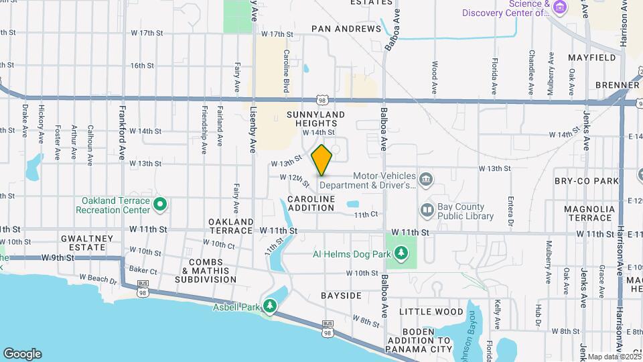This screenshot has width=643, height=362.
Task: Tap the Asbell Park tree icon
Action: (270, 306)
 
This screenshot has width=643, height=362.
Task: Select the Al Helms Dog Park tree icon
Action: (401, 253)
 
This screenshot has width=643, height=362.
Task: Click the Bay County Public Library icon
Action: (427, 211)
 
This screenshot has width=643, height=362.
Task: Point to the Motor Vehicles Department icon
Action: (427, 178)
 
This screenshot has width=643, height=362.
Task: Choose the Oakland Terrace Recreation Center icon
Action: (160, 204)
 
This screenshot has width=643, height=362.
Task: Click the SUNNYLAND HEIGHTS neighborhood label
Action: (315, 119)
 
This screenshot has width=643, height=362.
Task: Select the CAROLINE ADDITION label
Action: (311, 204)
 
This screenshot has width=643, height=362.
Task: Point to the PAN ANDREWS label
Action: (346, 29)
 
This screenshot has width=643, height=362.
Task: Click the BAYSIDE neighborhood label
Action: (341, 296)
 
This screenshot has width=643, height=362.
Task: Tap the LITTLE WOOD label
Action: (431, 312)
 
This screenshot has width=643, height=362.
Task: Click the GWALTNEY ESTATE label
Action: (83, 243)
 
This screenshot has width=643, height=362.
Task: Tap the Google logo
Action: (22, 354)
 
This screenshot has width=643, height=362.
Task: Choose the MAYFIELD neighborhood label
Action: (592, 58)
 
